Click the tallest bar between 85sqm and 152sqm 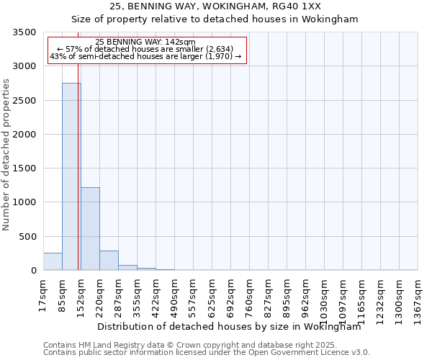pos(71,176)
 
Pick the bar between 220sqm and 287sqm pos(109,261)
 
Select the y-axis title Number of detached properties pos(7,154)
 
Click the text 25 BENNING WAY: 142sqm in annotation pos(145,42)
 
